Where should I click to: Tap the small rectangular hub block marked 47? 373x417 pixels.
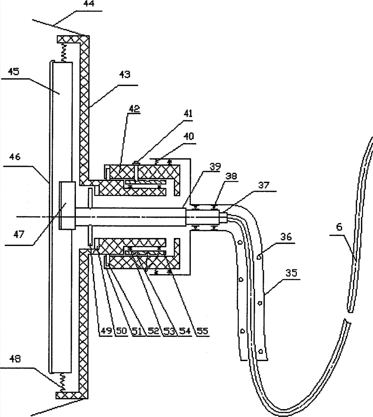click(x=67, y=205)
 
